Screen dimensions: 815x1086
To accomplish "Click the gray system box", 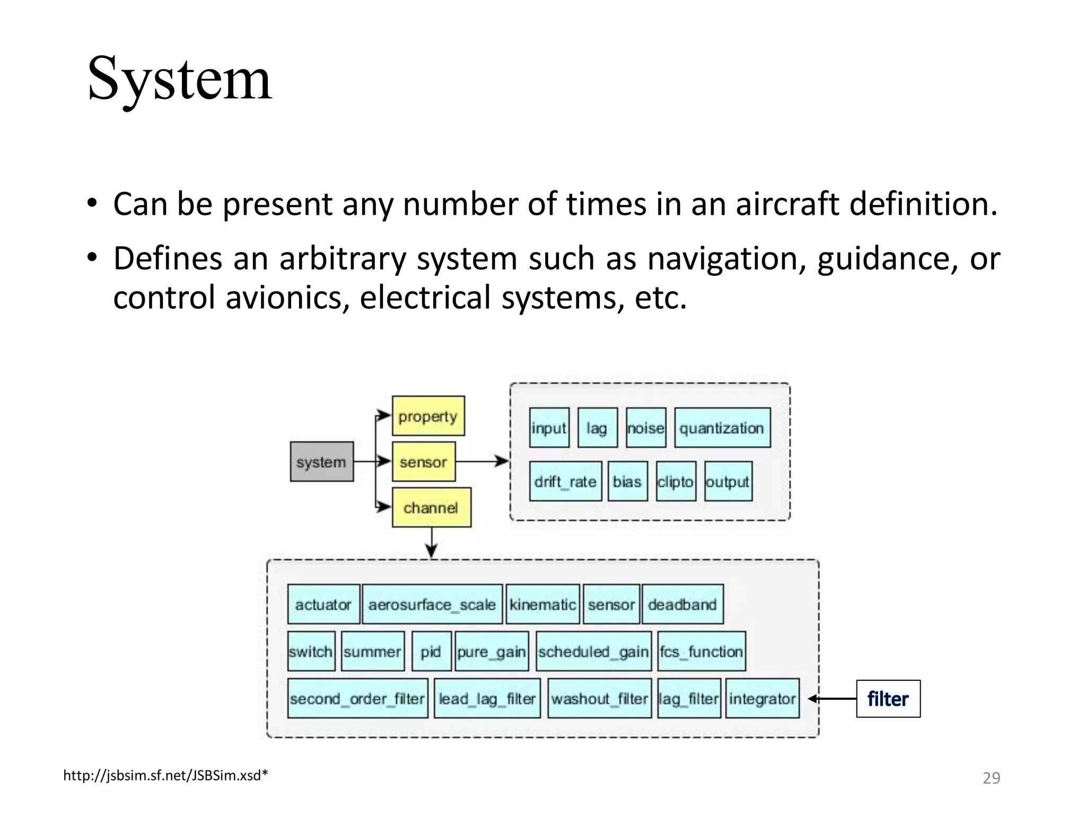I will pyautogui.click(x=321, y=462).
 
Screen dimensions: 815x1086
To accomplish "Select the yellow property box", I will pyautogui.click(x=428, y=416).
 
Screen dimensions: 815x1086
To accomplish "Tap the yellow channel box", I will pyautogui.click(x=431, y=507).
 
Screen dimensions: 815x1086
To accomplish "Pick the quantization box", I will pyautogui.click(x=722, y=428).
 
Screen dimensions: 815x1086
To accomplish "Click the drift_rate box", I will pyautogui.click(x=565, y=481).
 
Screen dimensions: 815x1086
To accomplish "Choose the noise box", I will pyautogui.click(x=645, y=428).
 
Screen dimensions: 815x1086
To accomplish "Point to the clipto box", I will pyautogui.click(x=676, y=481).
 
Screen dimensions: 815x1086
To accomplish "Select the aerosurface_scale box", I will pyautogui.click(x=432, y=604).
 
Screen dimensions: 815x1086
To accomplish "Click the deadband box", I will pyautogui.click(x=682, y=604).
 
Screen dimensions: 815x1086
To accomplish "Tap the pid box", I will pyautogui.click(x=431, y=651).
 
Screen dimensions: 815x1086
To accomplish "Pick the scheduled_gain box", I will pyautogui.click(x=593, y=651).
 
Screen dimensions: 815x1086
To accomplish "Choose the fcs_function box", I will pyautogui.click(x=701, y=651).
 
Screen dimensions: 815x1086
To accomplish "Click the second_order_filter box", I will pyautogui.click(x=357, y=698).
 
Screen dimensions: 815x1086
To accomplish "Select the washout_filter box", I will pyautogui.click(x=599, y=698).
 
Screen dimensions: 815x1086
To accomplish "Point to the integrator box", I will pyautogui.click(x=762, y=698).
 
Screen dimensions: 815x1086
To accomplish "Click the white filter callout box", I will pyautogui.click(x=888, y=699).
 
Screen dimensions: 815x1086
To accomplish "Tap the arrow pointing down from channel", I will pyautogui.click(x=432, y=543).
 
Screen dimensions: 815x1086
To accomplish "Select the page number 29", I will pyautogui.click(x=991, y=778).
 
